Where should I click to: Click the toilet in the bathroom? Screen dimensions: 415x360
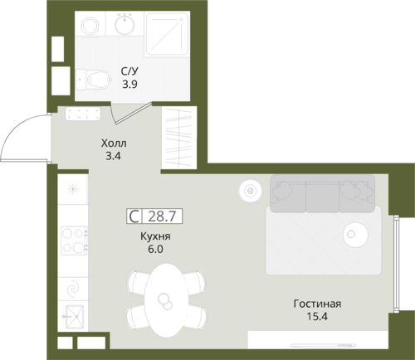point(94,79)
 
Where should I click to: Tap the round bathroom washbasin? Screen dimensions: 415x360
point(124,24)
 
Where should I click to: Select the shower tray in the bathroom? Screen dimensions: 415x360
point(167,33)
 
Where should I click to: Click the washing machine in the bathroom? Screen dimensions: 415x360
point(90,26)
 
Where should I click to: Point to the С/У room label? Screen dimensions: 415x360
point(129,71)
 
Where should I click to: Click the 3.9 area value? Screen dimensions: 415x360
point(129,84)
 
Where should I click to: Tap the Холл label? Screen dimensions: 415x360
point(114,144)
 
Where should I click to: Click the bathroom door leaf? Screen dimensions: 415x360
point(134,113)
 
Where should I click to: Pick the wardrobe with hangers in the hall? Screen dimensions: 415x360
point(179,138)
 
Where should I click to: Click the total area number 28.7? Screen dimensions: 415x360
point(162,216)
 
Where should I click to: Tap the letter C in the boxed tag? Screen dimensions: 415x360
point(134,216)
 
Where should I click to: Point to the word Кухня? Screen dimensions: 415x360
point(155,236)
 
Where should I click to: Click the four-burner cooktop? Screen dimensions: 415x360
point(74,241)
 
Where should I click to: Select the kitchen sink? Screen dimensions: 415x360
point(73,317)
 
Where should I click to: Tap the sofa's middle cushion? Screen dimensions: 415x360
point(322,197)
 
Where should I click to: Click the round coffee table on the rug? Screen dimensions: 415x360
point(355,235)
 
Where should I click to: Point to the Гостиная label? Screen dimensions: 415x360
point(317,304)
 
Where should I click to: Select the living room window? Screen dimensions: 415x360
point(397,264)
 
